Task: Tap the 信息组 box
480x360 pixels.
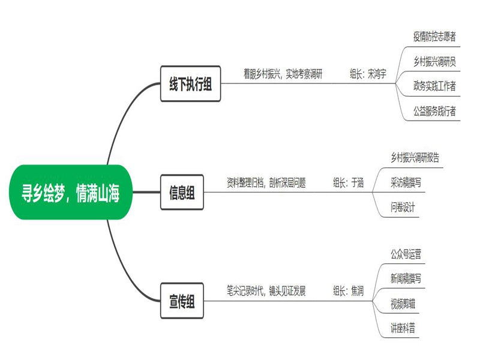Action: (182, 193)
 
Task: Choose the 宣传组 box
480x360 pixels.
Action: (182, 302)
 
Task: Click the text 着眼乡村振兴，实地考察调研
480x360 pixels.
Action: (283, 74)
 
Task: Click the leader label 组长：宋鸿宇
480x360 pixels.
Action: (368, 74)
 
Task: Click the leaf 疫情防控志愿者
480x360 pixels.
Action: (434, 36)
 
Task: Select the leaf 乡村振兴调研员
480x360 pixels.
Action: (434, 61)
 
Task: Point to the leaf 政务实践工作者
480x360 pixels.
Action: (434, 86)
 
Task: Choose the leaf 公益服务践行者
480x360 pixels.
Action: (434, 111)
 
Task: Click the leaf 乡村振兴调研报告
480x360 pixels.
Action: (415, 158)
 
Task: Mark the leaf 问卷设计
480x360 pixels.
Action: (403, 208)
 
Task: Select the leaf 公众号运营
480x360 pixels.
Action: (406, 254)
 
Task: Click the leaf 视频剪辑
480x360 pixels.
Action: (403, 304)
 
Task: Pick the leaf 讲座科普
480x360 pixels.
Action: (403, 328)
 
